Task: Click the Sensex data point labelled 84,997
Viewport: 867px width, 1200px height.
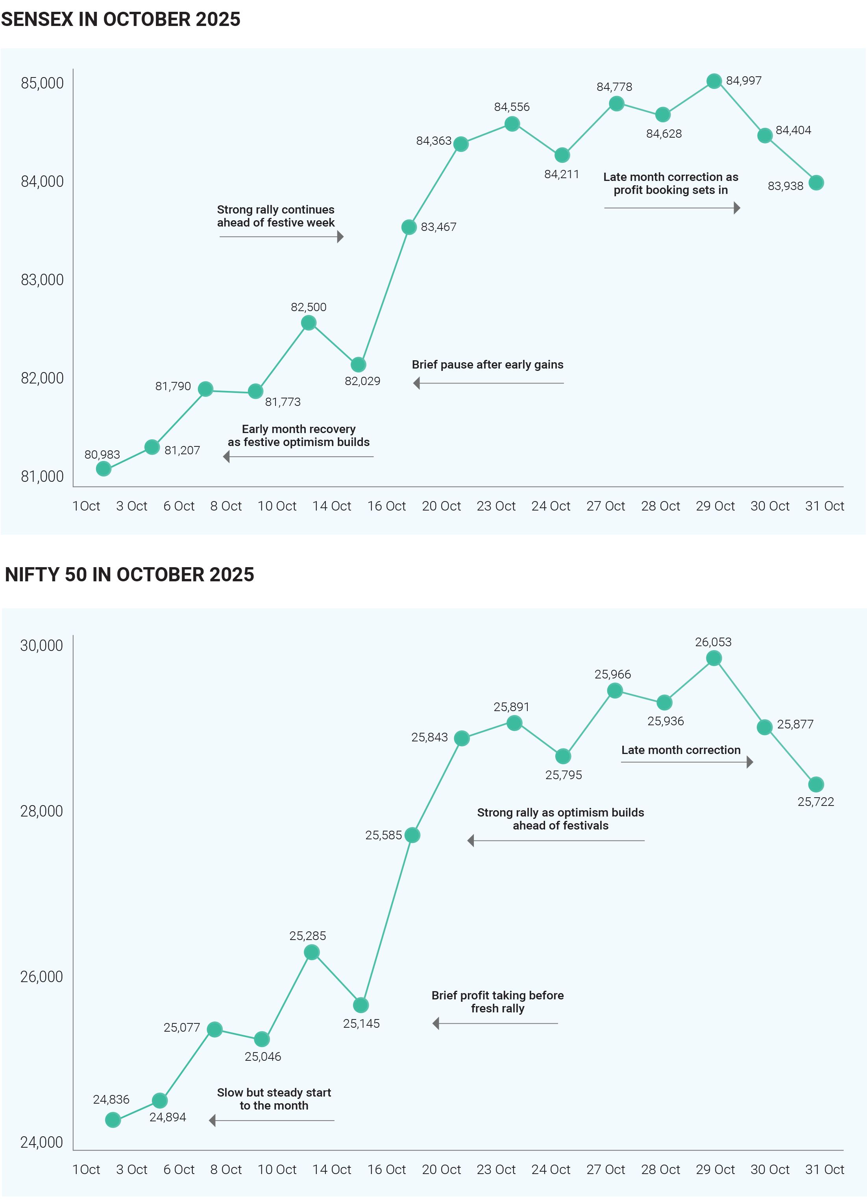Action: (714, 81)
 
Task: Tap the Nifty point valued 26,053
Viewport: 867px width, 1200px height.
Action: (714, 658)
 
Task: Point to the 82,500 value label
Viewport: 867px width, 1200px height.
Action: (308, 307)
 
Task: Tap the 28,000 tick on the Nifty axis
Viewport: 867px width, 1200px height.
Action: (41, 811)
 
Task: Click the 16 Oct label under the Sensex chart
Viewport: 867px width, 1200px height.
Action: (386, 506)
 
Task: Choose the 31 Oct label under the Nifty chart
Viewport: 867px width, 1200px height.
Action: (824, 1169)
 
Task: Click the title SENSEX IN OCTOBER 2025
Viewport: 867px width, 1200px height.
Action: (121, 19)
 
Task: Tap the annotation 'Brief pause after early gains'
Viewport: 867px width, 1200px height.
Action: (488, 365)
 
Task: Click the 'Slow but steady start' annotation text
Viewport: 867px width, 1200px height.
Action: (274, 1099)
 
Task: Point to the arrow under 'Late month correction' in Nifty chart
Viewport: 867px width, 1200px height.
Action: (686, 762)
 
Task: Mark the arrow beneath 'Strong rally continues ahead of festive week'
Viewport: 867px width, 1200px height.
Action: (281, 236)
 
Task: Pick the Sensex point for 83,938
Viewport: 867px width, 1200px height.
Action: (816, 182)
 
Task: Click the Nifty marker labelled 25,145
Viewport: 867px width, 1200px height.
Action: (360, 1005)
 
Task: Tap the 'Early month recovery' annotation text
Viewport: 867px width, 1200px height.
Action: (299, 435)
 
